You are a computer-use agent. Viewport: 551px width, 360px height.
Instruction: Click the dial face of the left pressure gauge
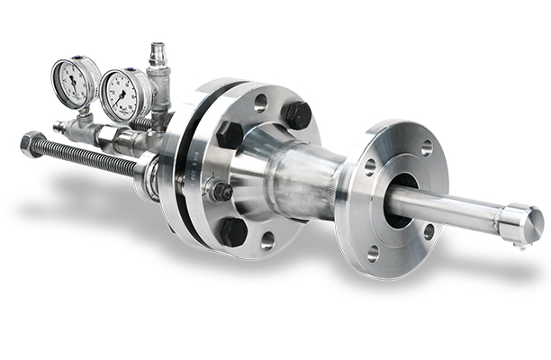[x=74, y=82]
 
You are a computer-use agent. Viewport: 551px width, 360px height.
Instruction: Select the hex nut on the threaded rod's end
[x=32, y=144]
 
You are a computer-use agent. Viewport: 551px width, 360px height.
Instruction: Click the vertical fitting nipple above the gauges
[x=158, y=56]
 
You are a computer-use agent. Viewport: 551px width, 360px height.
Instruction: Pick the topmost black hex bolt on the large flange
[x=297, y=114]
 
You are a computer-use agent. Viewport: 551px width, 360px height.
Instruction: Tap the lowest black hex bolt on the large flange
[x=233, y=231]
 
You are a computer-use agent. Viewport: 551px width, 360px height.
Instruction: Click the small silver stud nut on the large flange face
[x=219, y=191]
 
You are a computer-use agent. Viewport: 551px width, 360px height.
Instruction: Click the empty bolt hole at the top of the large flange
[x=260, y=103]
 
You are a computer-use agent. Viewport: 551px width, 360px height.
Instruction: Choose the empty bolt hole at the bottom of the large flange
[x=267, y=239]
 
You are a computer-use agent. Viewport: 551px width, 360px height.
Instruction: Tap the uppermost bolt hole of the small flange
[x=426, y=148]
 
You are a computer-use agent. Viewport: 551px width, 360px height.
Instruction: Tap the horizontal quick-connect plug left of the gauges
[x=66, y=128]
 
